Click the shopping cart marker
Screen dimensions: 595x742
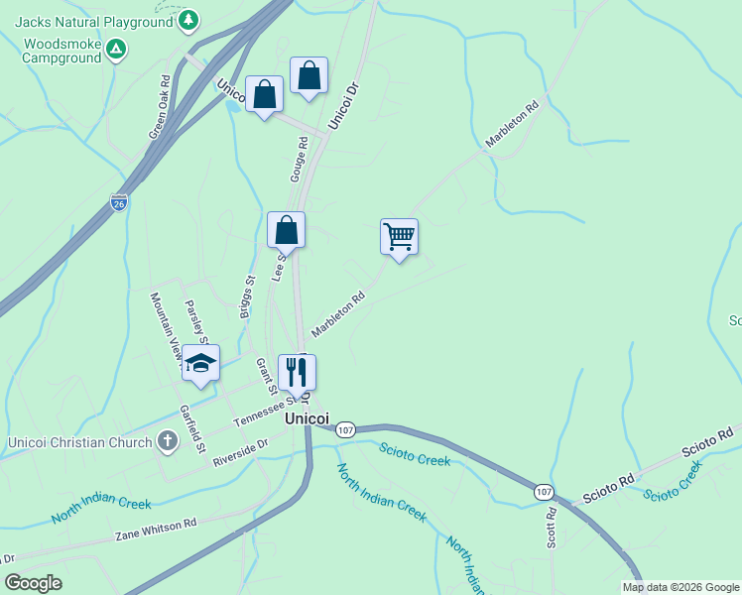(x=399, y=238)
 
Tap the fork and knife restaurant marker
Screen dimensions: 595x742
(x=297, y=374)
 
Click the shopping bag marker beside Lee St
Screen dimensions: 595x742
(x=286, y=231)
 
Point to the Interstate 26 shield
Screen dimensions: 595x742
(x=119, y=201)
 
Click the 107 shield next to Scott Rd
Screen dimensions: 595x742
(x=544, y=491)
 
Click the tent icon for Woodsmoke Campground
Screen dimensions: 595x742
(x=117, y=48)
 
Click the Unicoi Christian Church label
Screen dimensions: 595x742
(x=79, y=442)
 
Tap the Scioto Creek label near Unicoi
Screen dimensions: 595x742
(x=414, y=454)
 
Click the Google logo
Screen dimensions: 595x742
(x=34, y=583)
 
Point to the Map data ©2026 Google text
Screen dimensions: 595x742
(x=680, y=587)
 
